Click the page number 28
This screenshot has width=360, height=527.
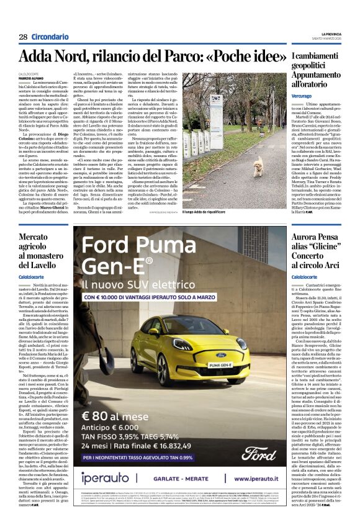23,37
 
